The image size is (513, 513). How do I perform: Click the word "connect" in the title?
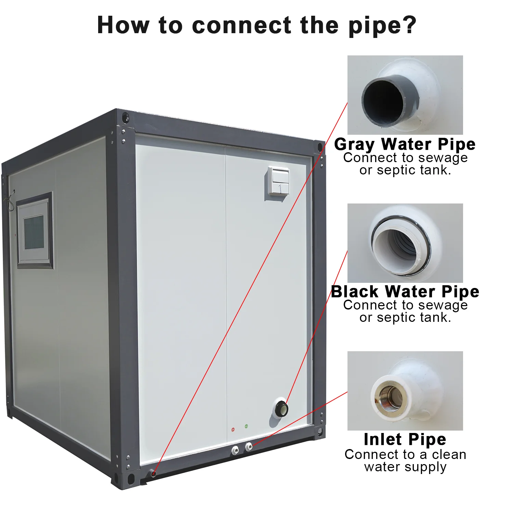tap(241, 25)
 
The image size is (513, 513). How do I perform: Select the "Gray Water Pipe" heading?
tap(405, 144)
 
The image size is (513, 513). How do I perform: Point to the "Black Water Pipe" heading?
tap(405, 292)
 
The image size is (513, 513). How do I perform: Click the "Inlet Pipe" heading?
tap(405, 439)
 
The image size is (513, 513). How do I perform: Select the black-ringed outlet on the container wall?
tap(281, 408)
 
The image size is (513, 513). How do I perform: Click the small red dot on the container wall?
tap(233, 429)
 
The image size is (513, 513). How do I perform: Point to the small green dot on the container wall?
tap(246, 426)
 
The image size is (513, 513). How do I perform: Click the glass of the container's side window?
tap(34, 232)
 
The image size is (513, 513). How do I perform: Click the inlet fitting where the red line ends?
tap(249, 446)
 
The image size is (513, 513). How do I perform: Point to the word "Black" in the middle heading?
tap(355, 292)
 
